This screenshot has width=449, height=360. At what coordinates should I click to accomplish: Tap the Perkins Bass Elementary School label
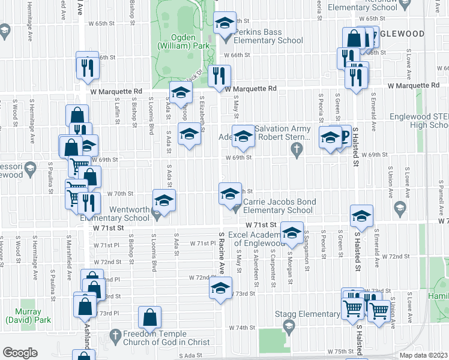click(x=268, y=36)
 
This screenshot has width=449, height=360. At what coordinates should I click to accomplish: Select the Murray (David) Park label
click(x=24, y=316)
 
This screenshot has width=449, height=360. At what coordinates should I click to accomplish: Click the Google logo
click(x=20, y=353)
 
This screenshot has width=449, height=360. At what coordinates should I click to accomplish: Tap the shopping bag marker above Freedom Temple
click(x=149, y=316)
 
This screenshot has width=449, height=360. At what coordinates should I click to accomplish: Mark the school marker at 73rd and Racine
click(x=220, y=288)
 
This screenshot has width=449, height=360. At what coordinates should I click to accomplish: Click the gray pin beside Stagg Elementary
click(x=289, y=325)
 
